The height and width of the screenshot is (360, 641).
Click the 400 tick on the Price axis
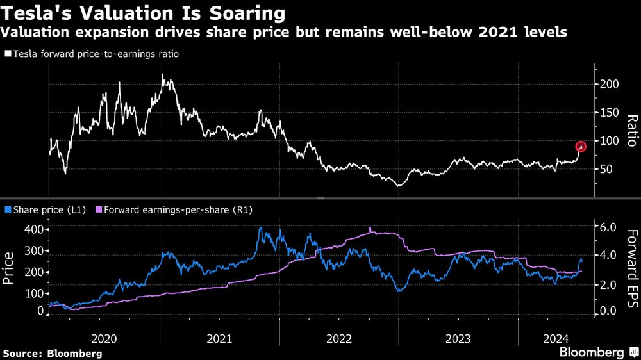click(35, 229)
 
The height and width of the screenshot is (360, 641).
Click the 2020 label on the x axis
click(104, 338)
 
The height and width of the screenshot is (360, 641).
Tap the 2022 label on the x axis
click(338, 338)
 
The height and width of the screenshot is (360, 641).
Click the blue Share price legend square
click(7, 209)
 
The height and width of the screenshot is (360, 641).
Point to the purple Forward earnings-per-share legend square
click(98, 209)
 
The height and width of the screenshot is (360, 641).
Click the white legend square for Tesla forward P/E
click(7, 54)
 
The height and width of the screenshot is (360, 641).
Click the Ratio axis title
click(631, 131)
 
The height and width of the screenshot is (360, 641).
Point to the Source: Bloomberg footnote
click(52, 353)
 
